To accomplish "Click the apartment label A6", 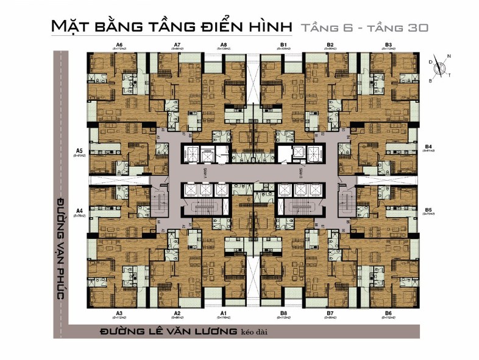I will (x=119, y=44).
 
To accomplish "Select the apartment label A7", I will (x=177, y=44).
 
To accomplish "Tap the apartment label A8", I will (x=224, y=44).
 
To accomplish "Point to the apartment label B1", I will (x=283, y=44).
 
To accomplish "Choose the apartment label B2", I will (x=330, y=44).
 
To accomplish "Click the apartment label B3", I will (x=388, y=44).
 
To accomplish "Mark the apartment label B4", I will (x=428, y=147).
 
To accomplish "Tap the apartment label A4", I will (x=79, y=210).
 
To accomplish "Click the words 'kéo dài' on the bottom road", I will (x=255, y=331).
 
